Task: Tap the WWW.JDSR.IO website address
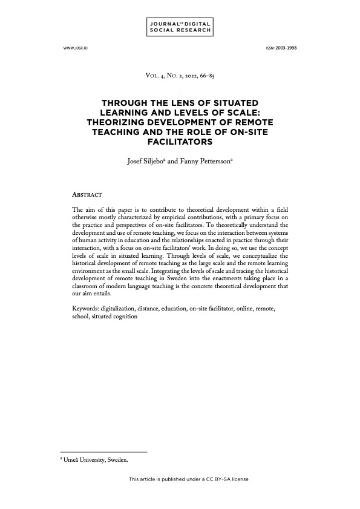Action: pos(74,48)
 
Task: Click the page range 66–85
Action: pos(209,76)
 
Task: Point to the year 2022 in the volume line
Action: pos(191,76)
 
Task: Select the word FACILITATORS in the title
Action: pos(180,143)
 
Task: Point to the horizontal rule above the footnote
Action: pos(103,452)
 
